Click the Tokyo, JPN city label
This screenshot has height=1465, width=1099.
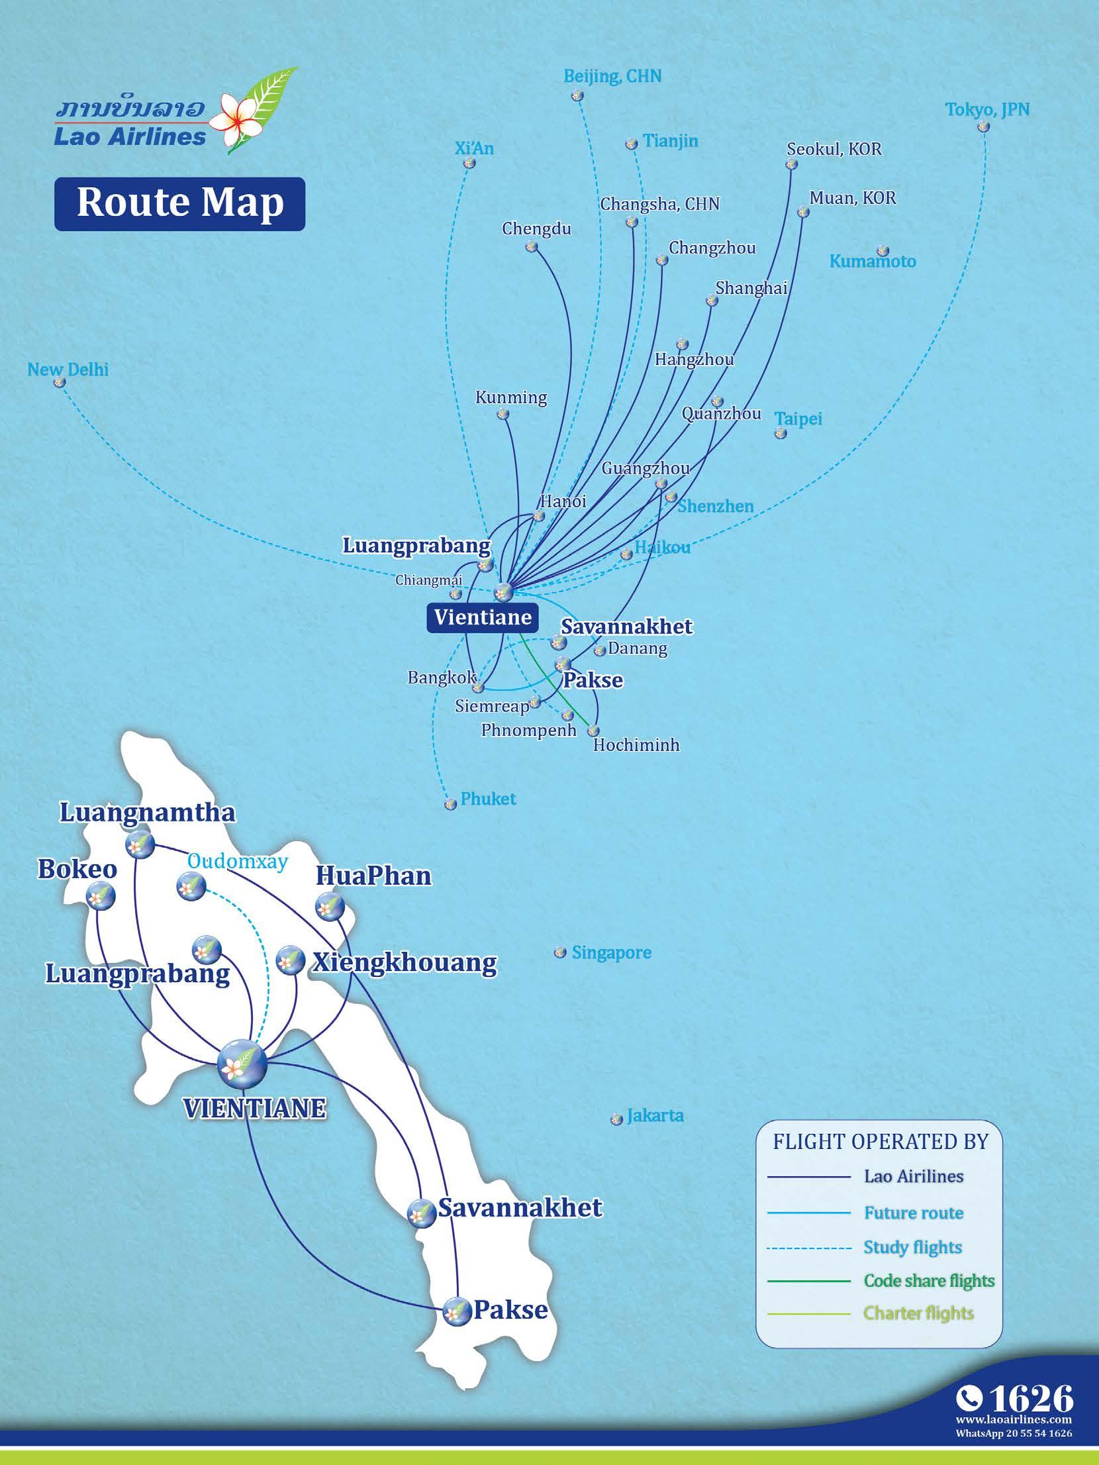987,109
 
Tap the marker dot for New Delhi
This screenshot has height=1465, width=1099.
60,382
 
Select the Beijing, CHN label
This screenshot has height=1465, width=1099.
612,76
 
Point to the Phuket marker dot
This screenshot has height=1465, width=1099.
450,804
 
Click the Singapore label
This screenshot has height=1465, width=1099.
611,952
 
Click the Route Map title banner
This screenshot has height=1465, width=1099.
179,203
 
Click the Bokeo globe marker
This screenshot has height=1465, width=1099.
101,897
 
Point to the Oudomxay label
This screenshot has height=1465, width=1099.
237,861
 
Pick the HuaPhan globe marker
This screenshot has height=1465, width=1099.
328,906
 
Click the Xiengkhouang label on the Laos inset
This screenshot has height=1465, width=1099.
404,962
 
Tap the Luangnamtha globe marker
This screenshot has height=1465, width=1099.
140,844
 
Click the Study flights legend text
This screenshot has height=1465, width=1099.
912,1247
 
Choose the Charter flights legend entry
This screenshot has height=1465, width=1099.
918,1313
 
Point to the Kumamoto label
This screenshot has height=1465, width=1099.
873,261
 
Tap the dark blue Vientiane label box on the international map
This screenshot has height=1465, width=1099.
483,617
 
